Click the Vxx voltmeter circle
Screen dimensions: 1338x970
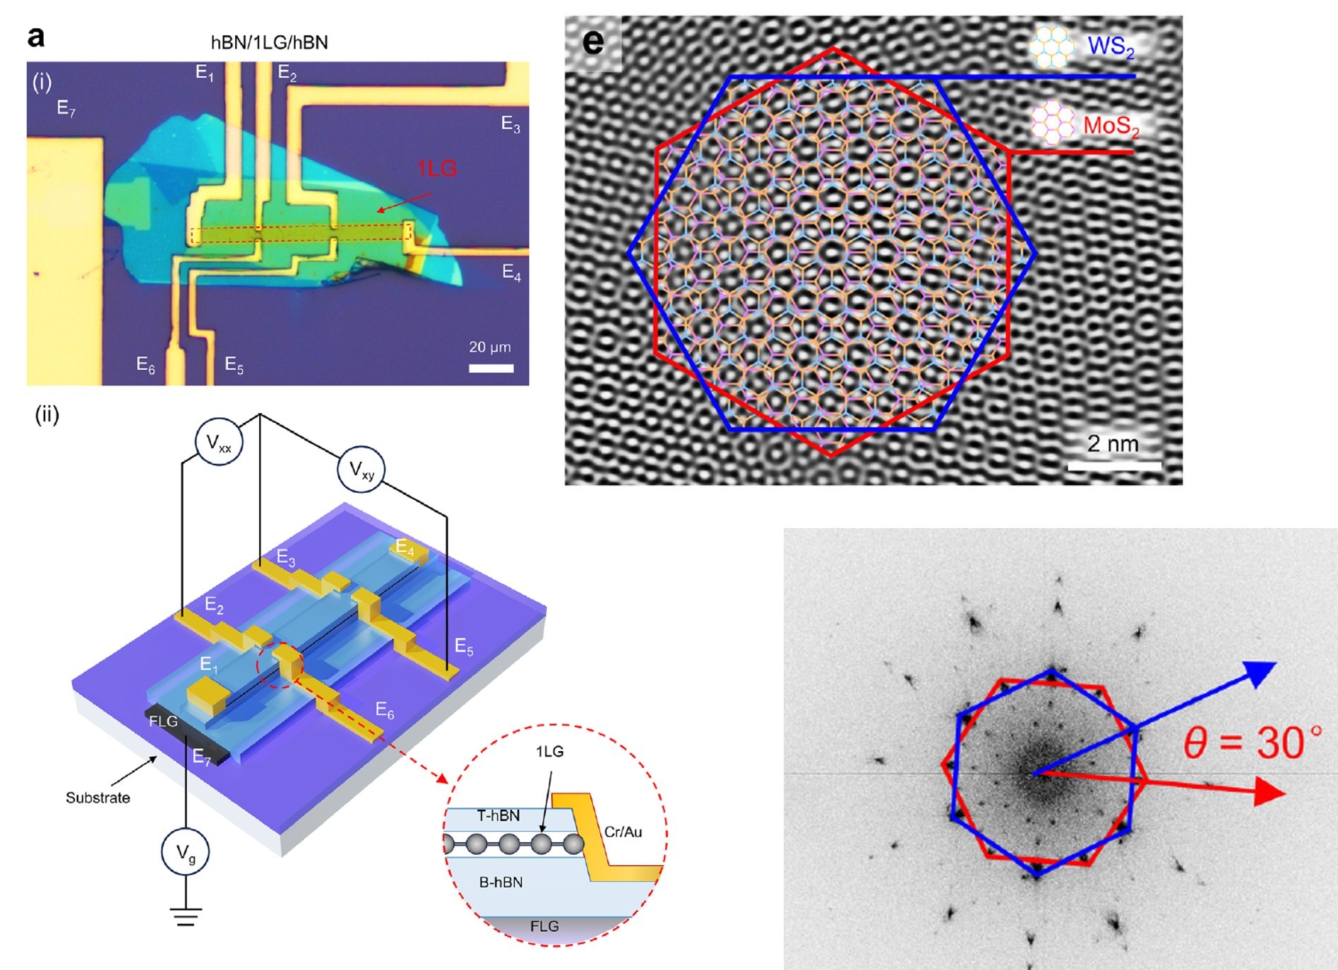[x=218, y=443]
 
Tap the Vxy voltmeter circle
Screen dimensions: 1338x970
[x=361, y=469]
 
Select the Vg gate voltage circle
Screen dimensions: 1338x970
[x=185, y=853]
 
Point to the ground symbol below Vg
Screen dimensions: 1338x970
[x=185, y=916]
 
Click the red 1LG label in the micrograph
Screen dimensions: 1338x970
[x=436, y=169]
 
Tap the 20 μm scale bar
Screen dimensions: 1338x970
[x=491, y=368]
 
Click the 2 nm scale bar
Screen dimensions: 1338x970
[x=1113, y=465]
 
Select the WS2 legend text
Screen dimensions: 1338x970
[x=1111, y=47]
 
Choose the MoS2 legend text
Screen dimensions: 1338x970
[x=1111, y=126]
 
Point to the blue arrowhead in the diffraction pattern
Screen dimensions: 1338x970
[x=1261, y=673]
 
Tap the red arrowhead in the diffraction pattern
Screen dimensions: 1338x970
[x=1270, y=791]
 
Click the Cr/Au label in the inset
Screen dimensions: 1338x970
[x=623, y=832]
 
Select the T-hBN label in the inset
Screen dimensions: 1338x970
[x=498, y=816]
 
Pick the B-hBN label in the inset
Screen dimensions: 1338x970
[x=501, y=882]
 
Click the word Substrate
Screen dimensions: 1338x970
[x=97, y=798]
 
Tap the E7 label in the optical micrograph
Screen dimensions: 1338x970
[x=66, y=108]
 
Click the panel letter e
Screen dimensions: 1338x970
[x=593, y=42]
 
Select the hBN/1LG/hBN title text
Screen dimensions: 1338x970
[x=269, y=42]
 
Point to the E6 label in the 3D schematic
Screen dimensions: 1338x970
[x=385, y=710]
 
